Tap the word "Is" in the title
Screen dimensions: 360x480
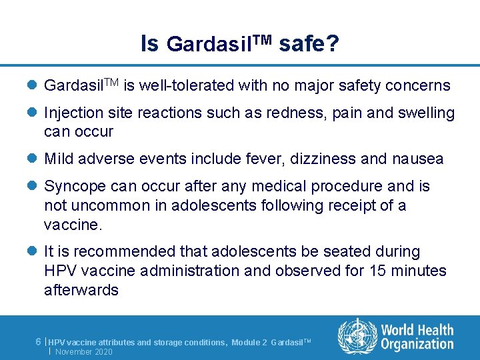(149, 44)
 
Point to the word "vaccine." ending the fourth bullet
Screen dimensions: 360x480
(73, 225)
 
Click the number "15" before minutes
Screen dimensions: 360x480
(383, 271)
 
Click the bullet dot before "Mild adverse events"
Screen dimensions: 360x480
(33, 159)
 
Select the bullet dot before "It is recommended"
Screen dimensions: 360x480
(33, 252)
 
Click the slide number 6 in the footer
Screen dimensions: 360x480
(39, 341)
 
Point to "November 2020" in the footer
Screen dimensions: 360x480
(84, 351)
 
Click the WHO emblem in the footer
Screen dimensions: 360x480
(357, 336)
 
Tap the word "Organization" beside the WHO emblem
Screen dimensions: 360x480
(417, 344)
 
